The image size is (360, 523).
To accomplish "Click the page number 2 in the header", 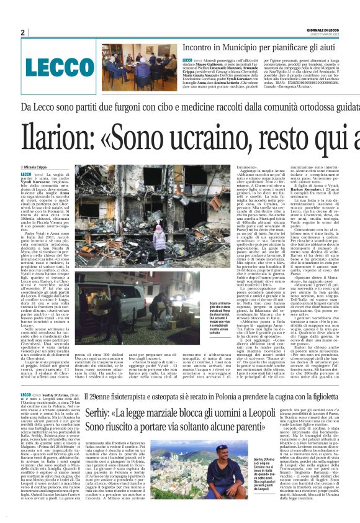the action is coord(22,32).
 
